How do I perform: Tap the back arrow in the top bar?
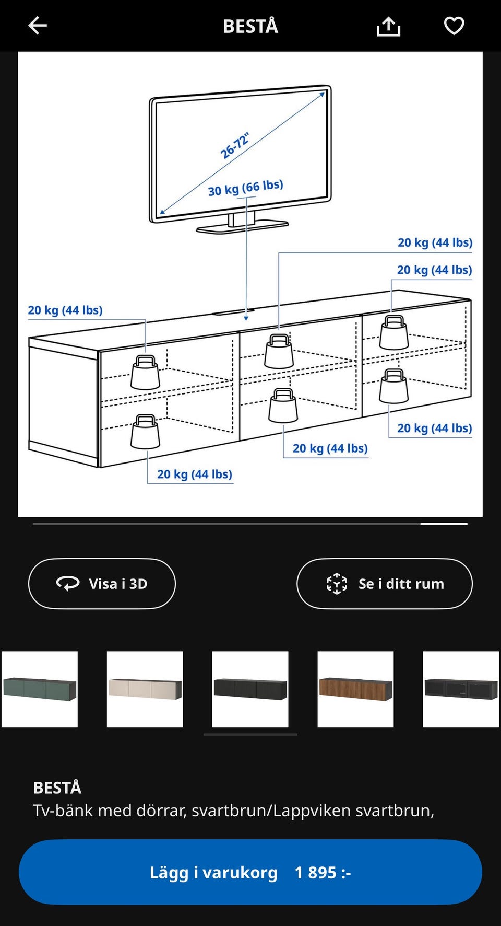point(38,25)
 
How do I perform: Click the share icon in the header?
point(388,26)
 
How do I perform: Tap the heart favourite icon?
point(454,26)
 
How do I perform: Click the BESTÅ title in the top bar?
point(250,26)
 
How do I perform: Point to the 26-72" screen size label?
point(235,146)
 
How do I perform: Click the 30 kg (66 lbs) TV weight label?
point(245,188)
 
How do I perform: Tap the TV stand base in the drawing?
point(242,226)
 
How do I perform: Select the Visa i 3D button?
point(102,584)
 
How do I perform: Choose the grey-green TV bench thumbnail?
point(40,689)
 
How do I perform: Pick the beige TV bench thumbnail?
point(145,689)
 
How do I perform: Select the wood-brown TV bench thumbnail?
point(355,689)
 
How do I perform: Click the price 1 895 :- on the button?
point(323,872)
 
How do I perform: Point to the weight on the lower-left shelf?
point(145,432)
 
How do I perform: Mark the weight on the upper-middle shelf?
point(279,352)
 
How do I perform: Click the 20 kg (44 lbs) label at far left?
point(65,310)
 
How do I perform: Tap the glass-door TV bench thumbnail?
point(461,689)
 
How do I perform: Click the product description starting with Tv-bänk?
point(233,811)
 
